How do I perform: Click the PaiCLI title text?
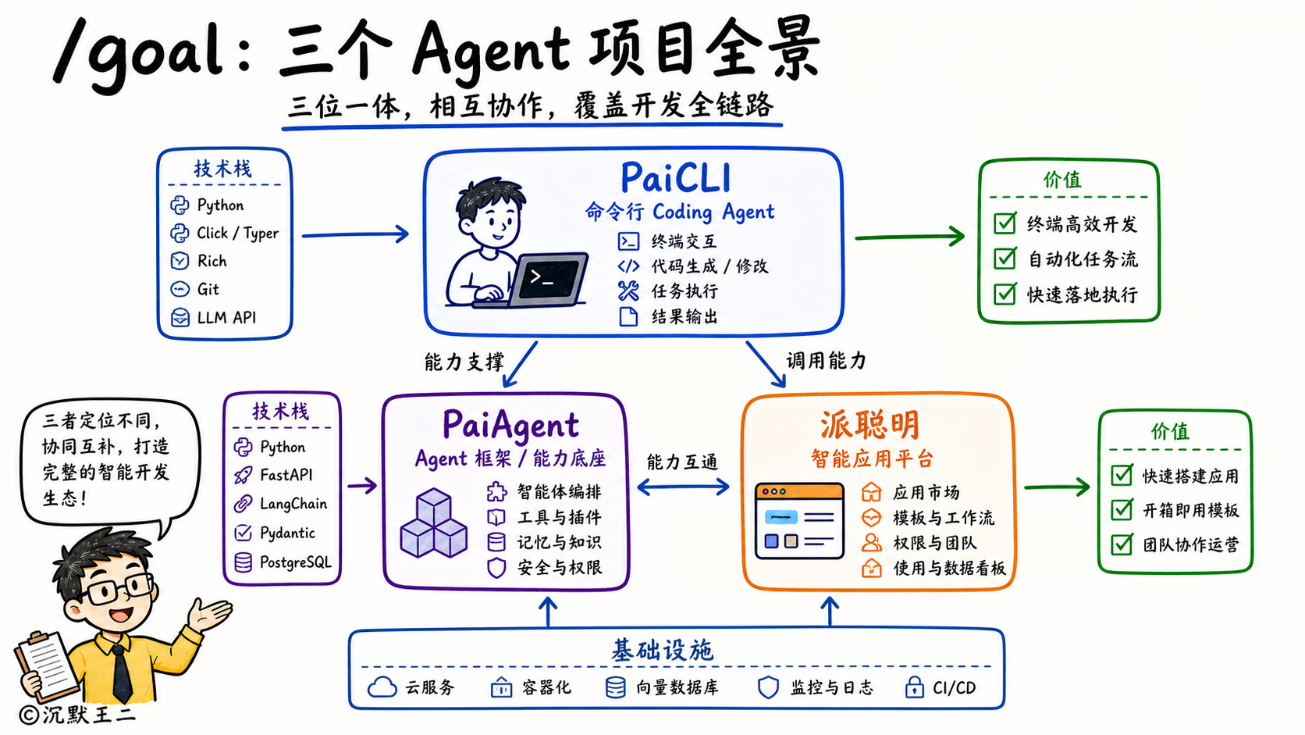point(675,177)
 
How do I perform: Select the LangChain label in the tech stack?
point(293,504)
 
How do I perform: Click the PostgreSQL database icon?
point(243,562)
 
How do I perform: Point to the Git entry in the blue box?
point(208,289)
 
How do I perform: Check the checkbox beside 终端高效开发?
point(1005,223)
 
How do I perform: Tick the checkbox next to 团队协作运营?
point(1122,544)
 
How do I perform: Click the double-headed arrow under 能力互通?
point(683,487)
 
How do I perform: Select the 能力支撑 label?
point(464,362)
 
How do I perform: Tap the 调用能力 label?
point(826,361)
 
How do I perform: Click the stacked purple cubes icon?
point(433,523)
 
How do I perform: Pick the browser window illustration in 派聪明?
point(799,520)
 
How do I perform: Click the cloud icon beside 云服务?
point(382,688)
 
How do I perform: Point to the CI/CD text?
point(954,688)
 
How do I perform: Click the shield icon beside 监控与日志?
point(768,688)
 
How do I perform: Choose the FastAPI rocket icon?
point(243,475)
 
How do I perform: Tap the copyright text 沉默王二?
point(88,715)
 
